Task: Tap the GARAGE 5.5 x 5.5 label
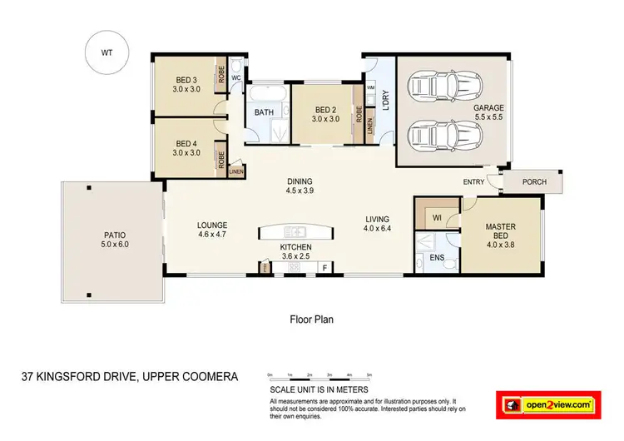click(489, 112)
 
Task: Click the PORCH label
click(534, 182)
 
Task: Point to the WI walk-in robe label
click(436, 218)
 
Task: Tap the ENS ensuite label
click(437, 259)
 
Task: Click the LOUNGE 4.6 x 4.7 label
click(212, 230)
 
